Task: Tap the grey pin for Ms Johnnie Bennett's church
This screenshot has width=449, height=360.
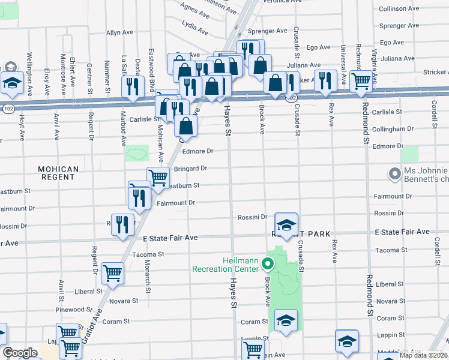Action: [394, 174]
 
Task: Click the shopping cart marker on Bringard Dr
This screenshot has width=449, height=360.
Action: [158, 177]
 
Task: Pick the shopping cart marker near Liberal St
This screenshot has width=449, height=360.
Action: [112, 273]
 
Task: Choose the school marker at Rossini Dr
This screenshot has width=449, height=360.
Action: [286, 224]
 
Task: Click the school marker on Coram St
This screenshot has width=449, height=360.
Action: [286, 321]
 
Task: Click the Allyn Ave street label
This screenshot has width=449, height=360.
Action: [118, 33]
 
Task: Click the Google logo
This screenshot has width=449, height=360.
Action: [20, 353]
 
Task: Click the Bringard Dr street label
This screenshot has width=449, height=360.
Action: [190, 169]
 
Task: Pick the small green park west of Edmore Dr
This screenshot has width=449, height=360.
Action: [137, 153]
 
